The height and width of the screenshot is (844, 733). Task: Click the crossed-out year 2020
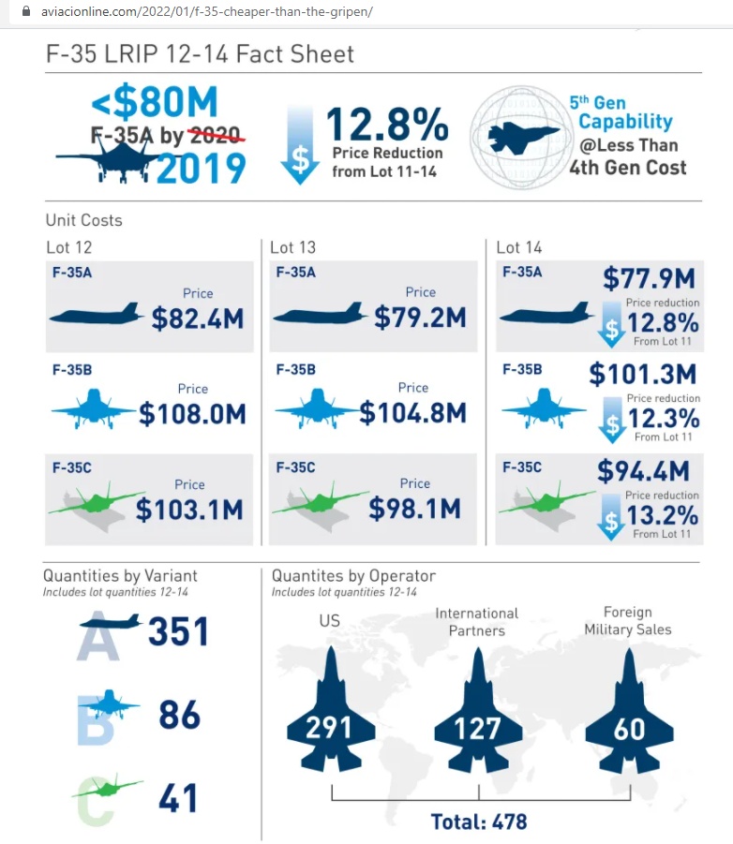click(x=215, y=135)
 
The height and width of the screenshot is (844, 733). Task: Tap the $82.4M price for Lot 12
click(x=198, y=318)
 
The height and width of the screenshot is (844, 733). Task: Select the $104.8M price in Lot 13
click(x=412, y=412)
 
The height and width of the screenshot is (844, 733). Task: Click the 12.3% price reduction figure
click(x=664, y=418)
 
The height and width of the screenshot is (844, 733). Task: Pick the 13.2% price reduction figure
click(x=664, y=514)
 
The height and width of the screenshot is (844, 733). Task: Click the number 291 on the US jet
click(x=329, y=726)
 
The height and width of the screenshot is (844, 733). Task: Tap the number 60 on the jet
click(x=629, y=727)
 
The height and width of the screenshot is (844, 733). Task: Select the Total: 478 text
click(x=479, y=822)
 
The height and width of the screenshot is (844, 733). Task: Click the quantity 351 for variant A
click(x=178, y=631)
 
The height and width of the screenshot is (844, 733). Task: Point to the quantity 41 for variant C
click(x=178, y=798)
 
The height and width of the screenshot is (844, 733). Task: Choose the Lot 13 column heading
click(x=292, y=247)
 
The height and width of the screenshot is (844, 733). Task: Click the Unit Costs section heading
click(x=84, y=221)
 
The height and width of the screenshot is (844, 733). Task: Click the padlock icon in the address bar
click(x=12, y=12)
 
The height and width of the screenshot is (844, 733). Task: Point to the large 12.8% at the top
click(x=387, y=126)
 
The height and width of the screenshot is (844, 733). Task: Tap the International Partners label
click(x=476, y=621)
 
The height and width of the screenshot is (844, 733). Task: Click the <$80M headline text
click(x=154, y=102)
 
